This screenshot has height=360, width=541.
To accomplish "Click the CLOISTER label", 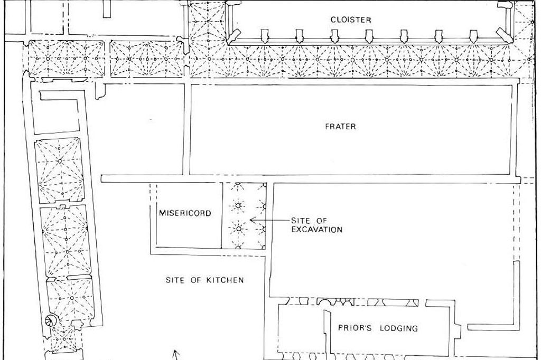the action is point(351,20).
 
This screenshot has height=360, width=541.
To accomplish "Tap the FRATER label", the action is point(340,127).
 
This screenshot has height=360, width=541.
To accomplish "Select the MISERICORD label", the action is point(185,213).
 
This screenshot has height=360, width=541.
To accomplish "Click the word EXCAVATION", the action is point(317,230).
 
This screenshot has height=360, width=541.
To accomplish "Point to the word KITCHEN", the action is point(225,280).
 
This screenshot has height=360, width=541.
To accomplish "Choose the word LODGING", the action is point(398,328).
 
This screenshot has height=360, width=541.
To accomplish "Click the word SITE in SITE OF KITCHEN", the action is point(176,280).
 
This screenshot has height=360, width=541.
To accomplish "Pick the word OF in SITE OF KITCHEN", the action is point(196,280).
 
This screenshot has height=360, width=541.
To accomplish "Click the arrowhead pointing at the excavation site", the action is point(252,220).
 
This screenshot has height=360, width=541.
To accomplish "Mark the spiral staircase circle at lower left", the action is point(51,321).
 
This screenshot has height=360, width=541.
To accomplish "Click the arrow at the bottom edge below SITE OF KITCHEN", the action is point(176,355).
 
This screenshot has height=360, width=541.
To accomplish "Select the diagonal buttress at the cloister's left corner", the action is point(234,36).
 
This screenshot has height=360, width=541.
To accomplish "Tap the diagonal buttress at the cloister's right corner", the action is point(503,35).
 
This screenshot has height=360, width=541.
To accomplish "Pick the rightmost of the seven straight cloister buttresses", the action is point(473,36).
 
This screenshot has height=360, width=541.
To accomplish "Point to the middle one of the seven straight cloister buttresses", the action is point(369,36).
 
